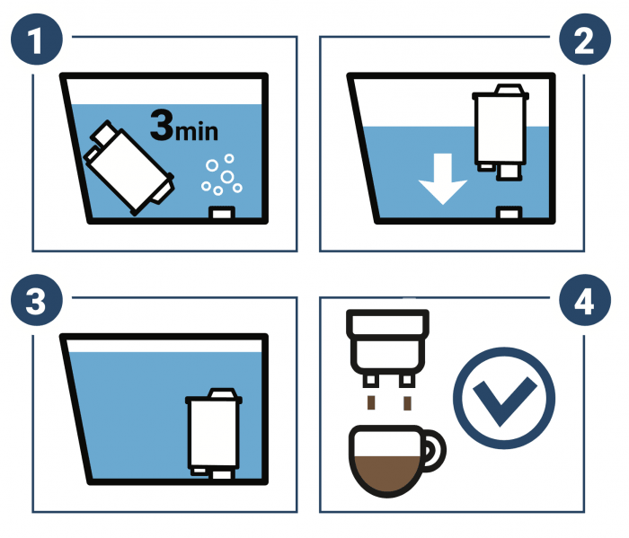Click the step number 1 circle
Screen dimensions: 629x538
[x=37, y=40]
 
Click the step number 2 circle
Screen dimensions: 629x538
[x=585, y=40]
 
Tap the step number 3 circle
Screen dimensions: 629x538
[x=37, y=300]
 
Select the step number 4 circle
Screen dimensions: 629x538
[x=585, y=300]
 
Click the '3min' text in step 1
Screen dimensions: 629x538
[x=184, y=126]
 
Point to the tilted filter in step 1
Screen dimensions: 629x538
[x=129, y=168]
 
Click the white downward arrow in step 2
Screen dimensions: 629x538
[x=443, y=179]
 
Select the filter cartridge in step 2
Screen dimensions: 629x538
[x=501, y=132]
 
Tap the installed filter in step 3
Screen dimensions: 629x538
[x=214, y=434]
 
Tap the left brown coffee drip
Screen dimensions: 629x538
[x=371, y=403]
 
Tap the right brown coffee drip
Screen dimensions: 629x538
[x=407, y=403]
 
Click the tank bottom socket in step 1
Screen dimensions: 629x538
[x=222, y=213]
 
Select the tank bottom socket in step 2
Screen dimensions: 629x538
[x=509, y=213]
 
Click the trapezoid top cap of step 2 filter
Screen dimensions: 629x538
[x=509, y=89]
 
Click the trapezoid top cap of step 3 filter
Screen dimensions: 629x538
[x=223, y=392]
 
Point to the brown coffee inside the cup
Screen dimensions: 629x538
[x=387, y=473]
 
